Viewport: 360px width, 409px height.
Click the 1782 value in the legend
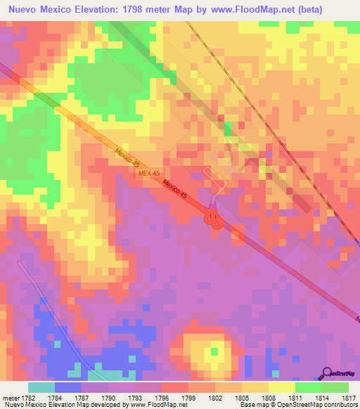click(x=29, y=398)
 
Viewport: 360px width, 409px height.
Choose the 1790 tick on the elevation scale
click(x=108, y=398)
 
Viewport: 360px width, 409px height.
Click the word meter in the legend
click(x=10, y=398)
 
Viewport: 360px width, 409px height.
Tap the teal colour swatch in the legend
click(x=41, y=387)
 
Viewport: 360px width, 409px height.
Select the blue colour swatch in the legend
click(x=68, y=387)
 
